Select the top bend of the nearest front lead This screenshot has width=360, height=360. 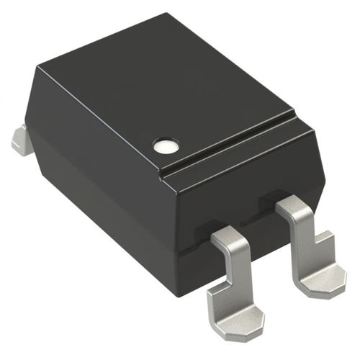(229, 236)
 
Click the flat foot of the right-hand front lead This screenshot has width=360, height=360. (317, 277)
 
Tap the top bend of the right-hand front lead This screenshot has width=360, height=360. (295, 205)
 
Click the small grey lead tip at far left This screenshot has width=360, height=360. (22, 140)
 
